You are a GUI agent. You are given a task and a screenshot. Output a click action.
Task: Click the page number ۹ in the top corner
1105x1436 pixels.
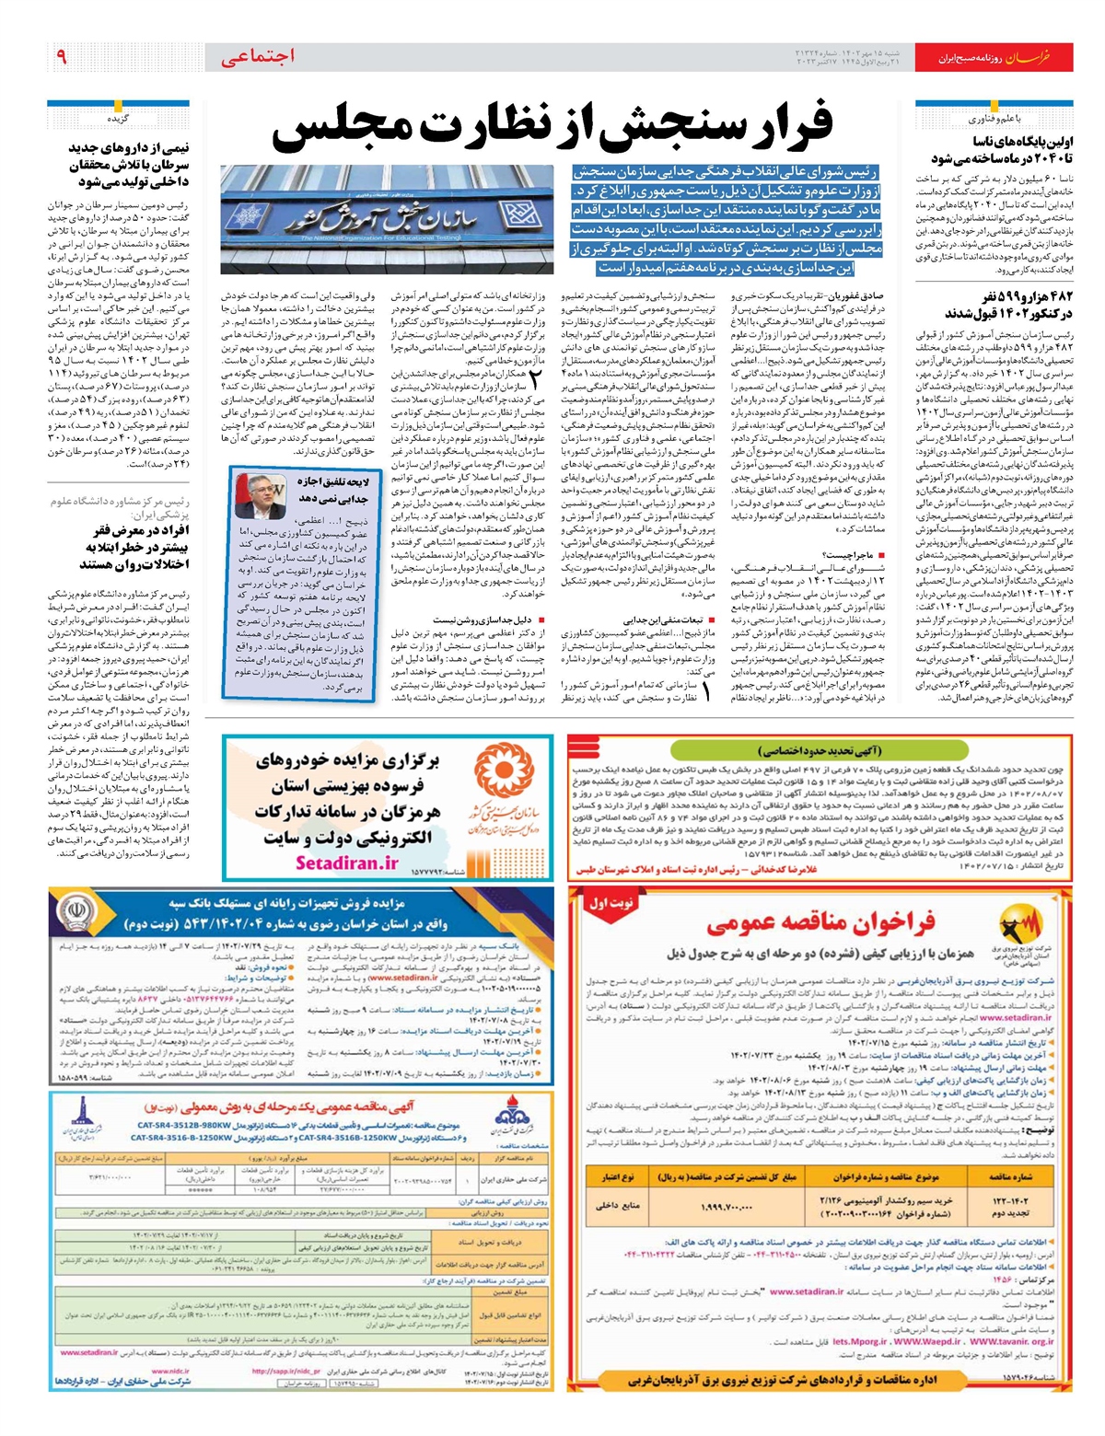tap(61, 57)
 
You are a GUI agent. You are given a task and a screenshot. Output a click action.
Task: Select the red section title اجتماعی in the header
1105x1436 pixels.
tap(258, 57)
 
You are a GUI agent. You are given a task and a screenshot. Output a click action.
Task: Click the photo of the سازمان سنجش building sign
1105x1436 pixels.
tap(386, 219)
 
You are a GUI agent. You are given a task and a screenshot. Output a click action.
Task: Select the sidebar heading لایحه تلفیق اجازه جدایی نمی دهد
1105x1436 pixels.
tap(332, 489)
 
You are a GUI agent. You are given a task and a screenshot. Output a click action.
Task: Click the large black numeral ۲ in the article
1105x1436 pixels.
tap(536, 378)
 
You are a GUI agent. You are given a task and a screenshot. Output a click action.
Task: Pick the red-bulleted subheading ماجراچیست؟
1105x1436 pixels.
tap(854, 556)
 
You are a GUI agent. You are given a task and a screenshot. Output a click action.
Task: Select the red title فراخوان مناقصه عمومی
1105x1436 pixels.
tap(820, 922)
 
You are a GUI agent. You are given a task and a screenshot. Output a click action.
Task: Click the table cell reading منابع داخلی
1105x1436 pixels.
tap(618, 1205)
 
